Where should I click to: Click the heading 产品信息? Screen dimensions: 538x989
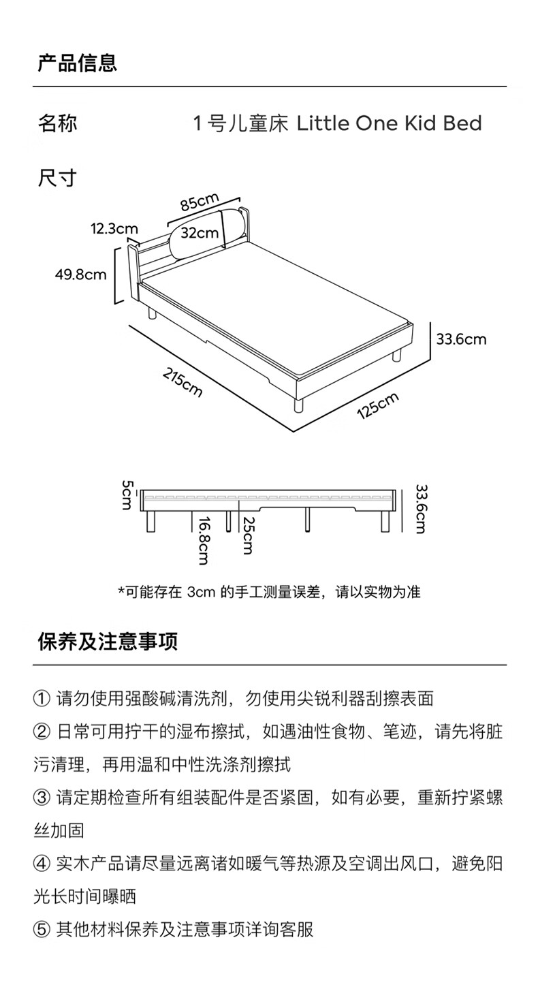click(77, 63)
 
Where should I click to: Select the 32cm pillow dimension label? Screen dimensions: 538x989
click(200, 233)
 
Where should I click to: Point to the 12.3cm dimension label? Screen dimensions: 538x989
click(114, 229)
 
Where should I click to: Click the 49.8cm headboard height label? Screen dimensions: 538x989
click(81, 274)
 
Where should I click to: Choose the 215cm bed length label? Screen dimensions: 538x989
click(183, 382)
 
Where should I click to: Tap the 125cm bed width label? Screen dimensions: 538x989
click(378, 405)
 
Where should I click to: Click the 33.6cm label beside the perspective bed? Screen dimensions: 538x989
click(461, 339)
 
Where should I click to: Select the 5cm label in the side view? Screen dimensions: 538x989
click(127, 495)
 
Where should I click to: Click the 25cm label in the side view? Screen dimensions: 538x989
click(247, 535)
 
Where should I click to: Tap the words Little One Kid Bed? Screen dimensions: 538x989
click(389, 123)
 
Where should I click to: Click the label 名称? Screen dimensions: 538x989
click(57, 123)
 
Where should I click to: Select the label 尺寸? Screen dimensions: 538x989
click(57, 178)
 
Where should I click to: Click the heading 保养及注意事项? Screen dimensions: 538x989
click(108, 642)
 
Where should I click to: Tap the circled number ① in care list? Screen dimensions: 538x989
click(42, 699)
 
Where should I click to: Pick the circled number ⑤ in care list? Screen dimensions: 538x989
click(42, 930)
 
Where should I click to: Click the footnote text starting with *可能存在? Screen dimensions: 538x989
click(269, 592)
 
